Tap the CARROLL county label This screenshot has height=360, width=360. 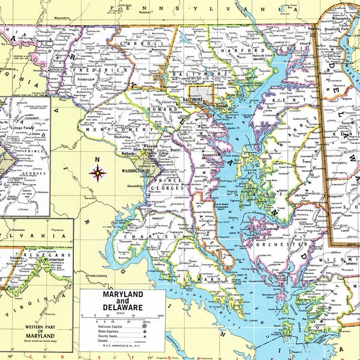151,44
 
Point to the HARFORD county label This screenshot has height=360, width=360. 233,51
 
